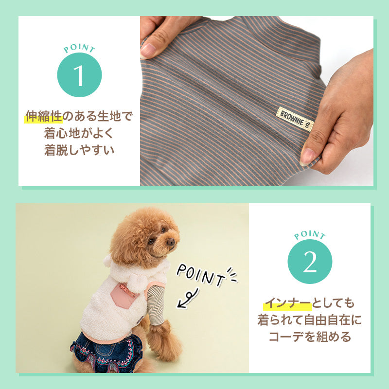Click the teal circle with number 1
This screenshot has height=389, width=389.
[x=79, y=75]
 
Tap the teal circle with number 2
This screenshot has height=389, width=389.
[x=310, y=262]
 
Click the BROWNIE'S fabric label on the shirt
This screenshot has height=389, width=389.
[x=295, y=119]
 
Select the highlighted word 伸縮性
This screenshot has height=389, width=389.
[x=44, y=116]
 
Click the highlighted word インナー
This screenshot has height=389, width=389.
[x=288, y=303]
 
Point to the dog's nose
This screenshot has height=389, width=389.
[x=171, y=241]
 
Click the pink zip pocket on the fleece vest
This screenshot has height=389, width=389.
[x=124, y=295]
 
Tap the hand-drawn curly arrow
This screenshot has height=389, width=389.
[x=188, y=299]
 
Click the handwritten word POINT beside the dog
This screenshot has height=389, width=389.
[x=200, y=275]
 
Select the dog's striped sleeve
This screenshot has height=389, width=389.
[x=156, y=305]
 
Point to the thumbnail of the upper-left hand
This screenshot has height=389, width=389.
[x=148, y=51]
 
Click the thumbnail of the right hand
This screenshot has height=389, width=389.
[x=307, y=157]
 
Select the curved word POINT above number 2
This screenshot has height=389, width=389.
[x=310, y=235]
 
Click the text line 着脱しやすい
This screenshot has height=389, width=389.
[x=79, y=150]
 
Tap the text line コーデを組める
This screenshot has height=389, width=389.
[x=310, y=336]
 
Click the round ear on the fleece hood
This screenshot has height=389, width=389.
[x=107, y=261]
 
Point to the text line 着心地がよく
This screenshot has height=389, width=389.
[x=79, y=133]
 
